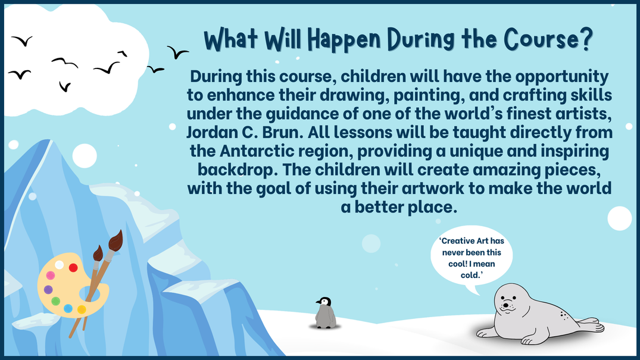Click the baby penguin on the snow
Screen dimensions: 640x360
[326, 313]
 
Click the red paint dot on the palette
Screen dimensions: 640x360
[73, 268]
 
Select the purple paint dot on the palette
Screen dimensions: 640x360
[48, 290]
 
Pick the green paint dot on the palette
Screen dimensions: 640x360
[56, 301]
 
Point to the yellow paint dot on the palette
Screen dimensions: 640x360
[82, 309]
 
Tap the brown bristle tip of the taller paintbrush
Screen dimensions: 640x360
[116, 241]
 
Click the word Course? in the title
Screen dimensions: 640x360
[548, 40]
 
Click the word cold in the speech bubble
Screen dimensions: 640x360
[470, 276]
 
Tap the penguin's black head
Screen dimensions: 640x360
[324, 301]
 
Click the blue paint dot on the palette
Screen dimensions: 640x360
[68, 309]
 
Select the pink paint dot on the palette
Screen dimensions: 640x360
[51, 276]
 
